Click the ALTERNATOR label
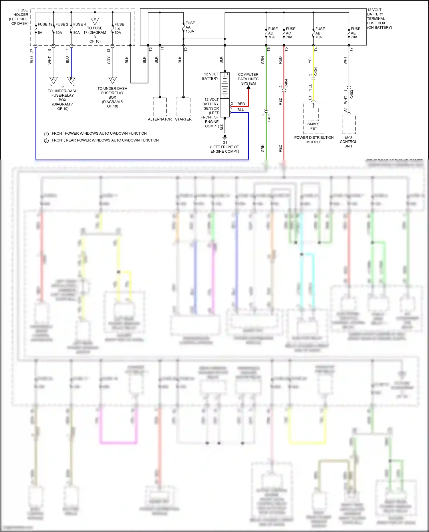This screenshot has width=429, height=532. pyautogui.click(x=160, y=119)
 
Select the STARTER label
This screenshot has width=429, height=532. pyautogui.click(x=183, y=119)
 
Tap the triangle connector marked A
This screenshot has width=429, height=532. pyautogui.click(x=53, y=80)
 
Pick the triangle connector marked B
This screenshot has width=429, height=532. pyautogui.click(x=71, y=80)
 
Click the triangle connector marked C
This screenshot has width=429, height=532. pyautogui.click(x=112, y=80)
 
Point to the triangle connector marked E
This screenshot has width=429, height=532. pyautogui.click(x=95, y=21)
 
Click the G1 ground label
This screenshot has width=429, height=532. pyautogui.click(x=225, y=142)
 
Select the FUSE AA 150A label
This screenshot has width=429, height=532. pyautogui.click(x=190, y=27)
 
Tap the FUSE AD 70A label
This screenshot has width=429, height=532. pyautogui.click(x=273, y=33)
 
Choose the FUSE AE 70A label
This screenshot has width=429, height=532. pyautogui.click(x=355, y=33)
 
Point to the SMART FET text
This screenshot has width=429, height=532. pyautogui.click(x=314, y=126)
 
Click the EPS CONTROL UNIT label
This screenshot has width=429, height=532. pyautogui.click(x=348, y=142)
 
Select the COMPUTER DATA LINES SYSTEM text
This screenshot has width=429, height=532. pyautogui.click(x=248, y=79)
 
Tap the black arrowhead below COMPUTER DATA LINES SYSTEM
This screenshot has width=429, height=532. pyautogui.click(x=249, y=87)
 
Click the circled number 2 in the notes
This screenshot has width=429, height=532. pyautogui.click(x=46, y=140)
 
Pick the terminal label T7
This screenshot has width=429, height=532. pyautogui.click(x=351, y=49)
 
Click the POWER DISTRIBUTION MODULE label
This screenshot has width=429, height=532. pyautogui.click(x=314, y=140)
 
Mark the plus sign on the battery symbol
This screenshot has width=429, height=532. pyautogui.click(x=227, y=74)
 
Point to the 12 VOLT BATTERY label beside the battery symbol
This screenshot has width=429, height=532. pyautogui.click(x=210, y=76)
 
